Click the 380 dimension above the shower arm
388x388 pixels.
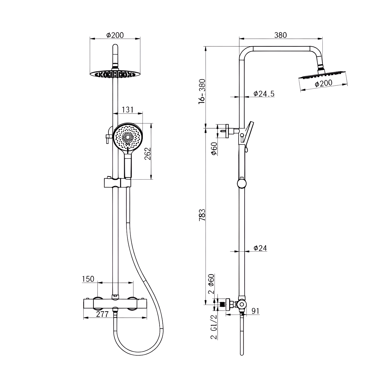point(281,35)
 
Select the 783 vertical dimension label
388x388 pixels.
point(202,215)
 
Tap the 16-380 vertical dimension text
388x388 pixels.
point(202,91)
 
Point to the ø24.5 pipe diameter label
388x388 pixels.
point(264,93)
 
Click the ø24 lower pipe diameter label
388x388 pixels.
point(260,248)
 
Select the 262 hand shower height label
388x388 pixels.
point(147,154)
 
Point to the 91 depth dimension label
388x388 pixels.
point(255,311)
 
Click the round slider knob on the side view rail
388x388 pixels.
point(242,183)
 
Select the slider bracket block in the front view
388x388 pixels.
point(117,182)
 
